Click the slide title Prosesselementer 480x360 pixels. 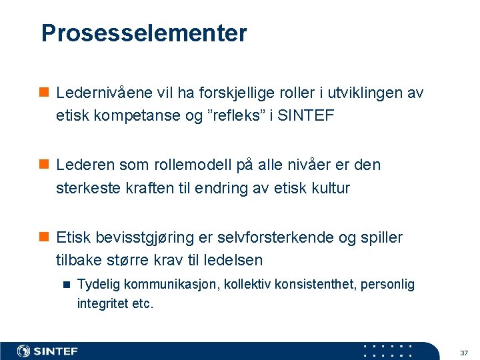coord(143,33)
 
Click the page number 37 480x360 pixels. coord(464,352)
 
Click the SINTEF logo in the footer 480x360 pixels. coord(47,351)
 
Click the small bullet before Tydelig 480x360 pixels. coord(66,285)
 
